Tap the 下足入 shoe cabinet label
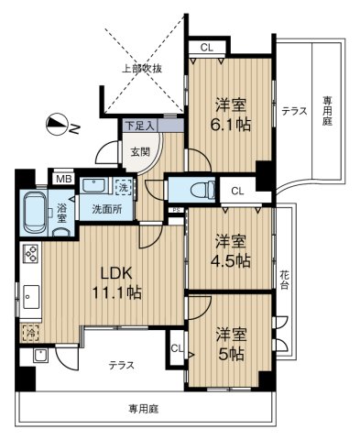coord(140,126)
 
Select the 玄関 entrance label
coord(141,151)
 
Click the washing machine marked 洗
coord(124,187)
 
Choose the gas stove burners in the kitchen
coord(31,254)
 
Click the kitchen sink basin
coord(30,297)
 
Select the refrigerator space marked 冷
coord(30,332)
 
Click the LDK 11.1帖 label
coord(116,283)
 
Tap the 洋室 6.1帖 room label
coord(231,115)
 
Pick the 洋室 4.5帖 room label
coord(232,251)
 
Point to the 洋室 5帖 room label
coord(231,345)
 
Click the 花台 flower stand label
coord(284,280)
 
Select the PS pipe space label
coord(176,210)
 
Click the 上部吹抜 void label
coord(142,69)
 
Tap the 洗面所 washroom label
coord(107,209)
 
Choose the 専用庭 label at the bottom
coord(143,409)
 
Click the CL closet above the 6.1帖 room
coord(207,48)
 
